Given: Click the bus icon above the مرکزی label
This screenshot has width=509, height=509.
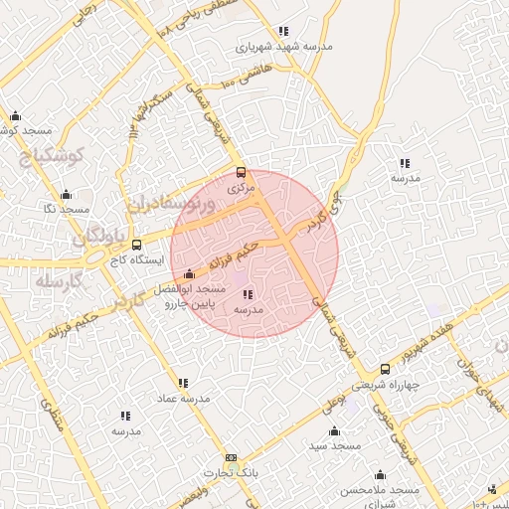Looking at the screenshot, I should point(241,172).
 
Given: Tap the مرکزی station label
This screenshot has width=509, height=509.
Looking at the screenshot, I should point(242,187).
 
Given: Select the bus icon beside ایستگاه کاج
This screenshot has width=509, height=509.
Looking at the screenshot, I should point(136,245).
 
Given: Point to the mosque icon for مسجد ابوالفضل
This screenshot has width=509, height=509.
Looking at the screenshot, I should point(189,273).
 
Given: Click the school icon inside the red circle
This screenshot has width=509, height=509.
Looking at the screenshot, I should point(247,294).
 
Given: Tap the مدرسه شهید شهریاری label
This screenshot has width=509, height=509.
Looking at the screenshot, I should point(284,46).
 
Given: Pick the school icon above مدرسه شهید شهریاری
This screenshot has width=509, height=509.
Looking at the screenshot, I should point(284,32).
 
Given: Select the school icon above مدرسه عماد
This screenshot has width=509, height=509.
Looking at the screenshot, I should point(183,383).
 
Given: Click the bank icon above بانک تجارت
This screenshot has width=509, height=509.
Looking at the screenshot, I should point(232,458).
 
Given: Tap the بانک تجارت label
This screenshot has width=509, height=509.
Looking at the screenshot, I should point(232,473).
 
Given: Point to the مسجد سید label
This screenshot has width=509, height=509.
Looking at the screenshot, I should point(335,446).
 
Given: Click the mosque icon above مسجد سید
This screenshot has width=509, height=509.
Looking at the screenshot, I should point(334,431).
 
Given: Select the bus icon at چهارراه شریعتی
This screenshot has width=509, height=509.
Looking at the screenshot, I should point(385,369).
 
